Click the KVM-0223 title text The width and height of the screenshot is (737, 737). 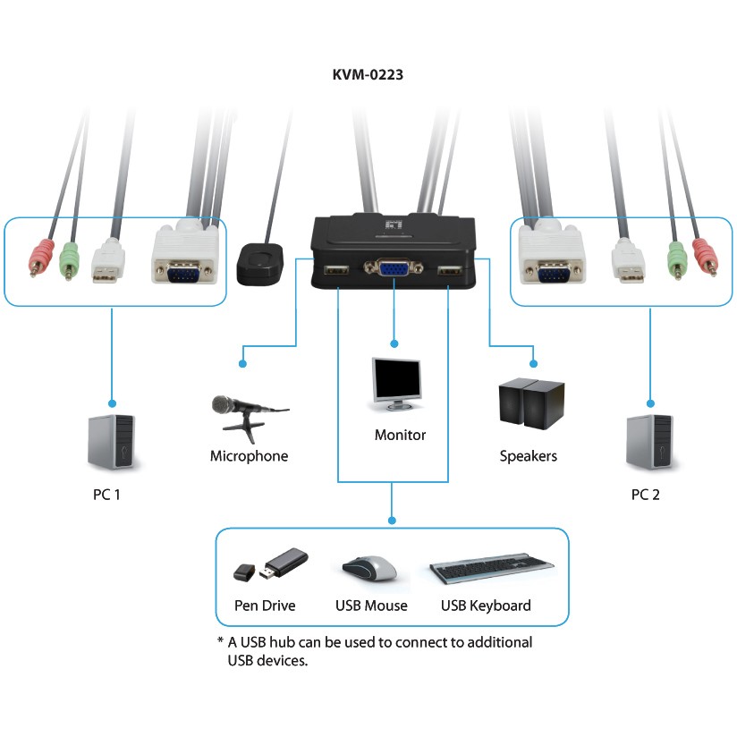[x=368, y=75]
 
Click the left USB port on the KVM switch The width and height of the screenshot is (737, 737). [x=337, y=270]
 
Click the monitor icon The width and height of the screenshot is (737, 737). [x=395, y=385]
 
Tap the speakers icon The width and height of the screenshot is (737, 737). [x=531, y=402]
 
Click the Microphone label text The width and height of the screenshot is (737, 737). [x=249, y=456]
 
